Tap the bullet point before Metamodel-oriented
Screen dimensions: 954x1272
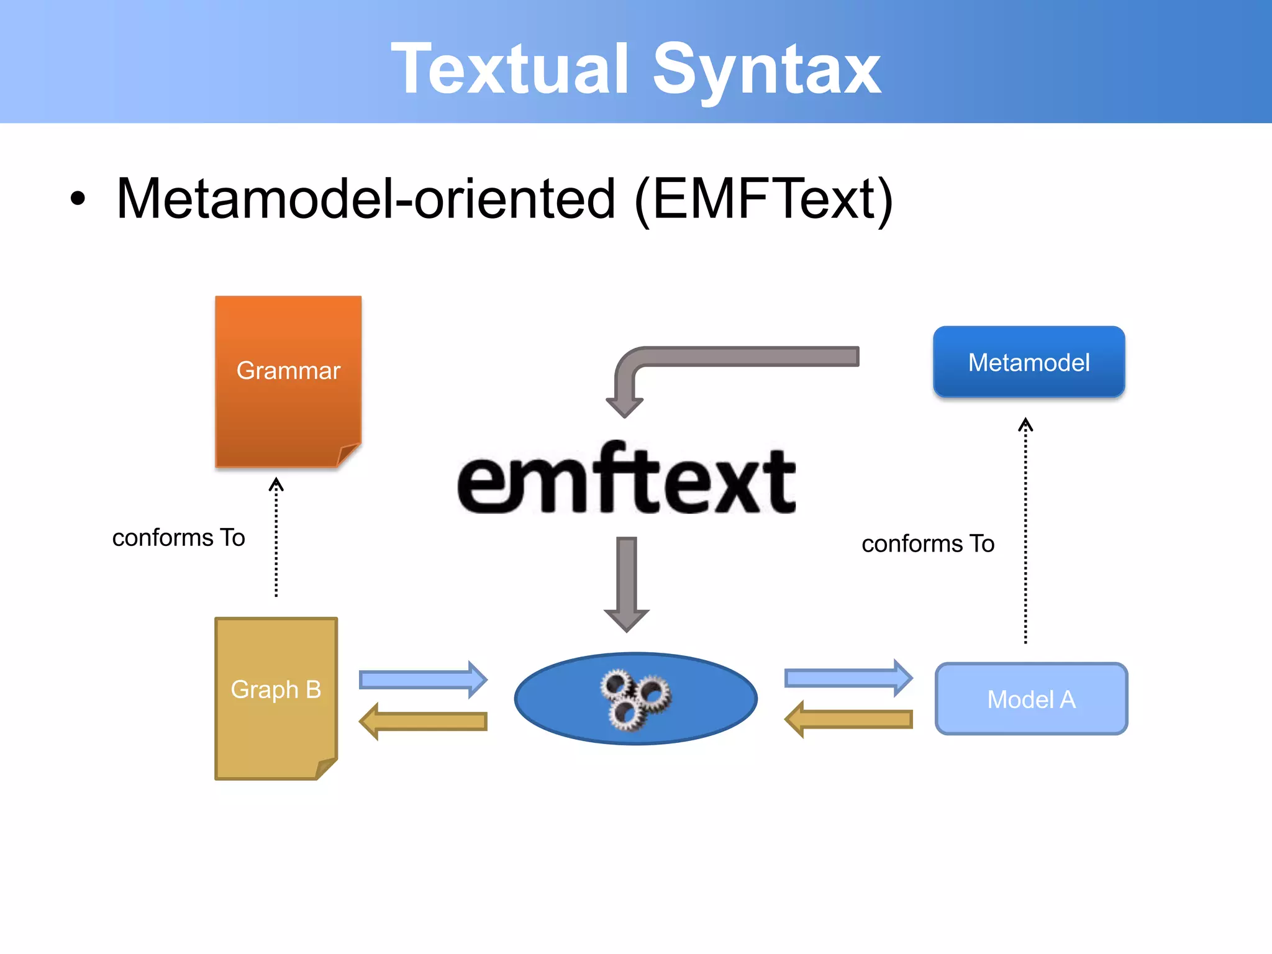click(x=78, y=199)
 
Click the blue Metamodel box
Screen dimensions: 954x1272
click(x=1029, y=362)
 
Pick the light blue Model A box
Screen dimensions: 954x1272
click(x=1031, y=699)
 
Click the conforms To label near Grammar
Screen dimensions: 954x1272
click(x=178, y=538)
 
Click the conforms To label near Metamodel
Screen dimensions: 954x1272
click(x=928, y=544)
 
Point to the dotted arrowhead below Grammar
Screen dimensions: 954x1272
click(x=276, y=484)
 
